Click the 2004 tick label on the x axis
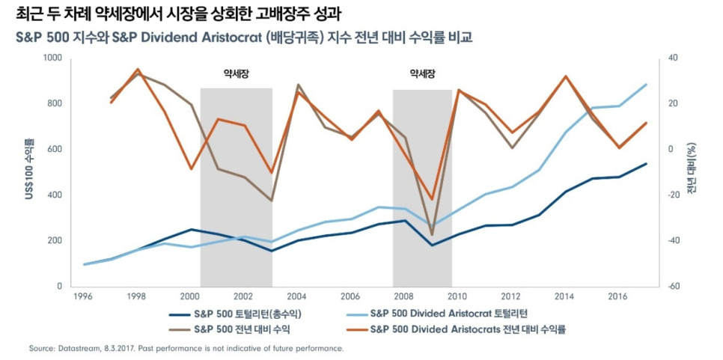pos(297,296)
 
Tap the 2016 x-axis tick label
pos(617,296)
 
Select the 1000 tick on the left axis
pos(54,58)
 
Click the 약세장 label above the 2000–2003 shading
pos(236,74)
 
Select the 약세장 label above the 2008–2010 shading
pos(422,74)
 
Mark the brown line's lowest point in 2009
pos(432,235)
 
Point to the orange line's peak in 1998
pos(138,69)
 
